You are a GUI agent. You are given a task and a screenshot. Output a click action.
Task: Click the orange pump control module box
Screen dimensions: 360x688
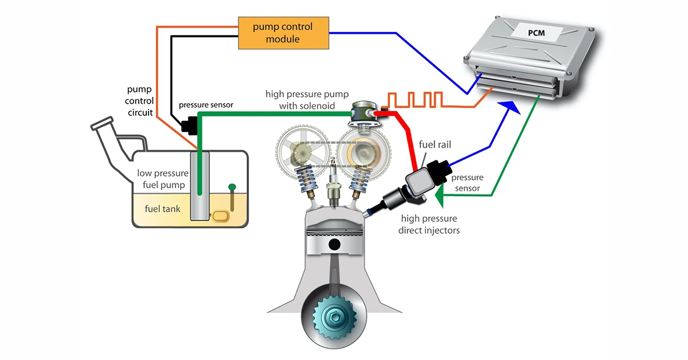click(x=284, y=33)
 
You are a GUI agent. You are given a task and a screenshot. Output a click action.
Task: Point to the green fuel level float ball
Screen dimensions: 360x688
click(x=232, y=186)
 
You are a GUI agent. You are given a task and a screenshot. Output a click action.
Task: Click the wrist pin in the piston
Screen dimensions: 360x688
click(x=333, y=244)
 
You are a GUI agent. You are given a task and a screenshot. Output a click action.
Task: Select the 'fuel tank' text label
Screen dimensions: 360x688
click(x=162, y=209)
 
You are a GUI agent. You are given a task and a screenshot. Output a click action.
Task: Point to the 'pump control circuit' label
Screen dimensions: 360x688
click(x=140, y=101)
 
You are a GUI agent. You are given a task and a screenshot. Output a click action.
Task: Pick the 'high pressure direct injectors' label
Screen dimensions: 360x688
click(x=430, y=224)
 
